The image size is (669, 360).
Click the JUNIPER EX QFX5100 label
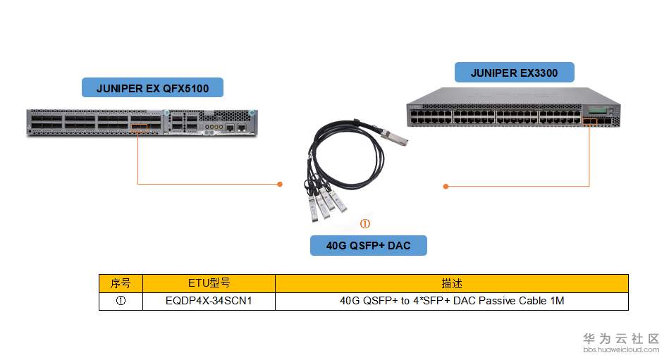[x=152, y=87]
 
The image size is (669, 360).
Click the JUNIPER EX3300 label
[x=513, y=72]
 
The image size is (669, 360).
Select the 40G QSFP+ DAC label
[x=368, y=245]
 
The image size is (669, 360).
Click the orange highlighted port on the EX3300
[x=589, y=121]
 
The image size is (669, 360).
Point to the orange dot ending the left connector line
[x=280, y=185]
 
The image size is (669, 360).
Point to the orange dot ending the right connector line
[x=446, y=186]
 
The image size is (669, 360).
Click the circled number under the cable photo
[x=365, y=224]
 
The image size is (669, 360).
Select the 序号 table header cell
[x=121, y=283]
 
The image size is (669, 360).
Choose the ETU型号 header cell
[x=209, y=283]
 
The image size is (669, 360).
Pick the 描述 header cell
[x=451, y=283]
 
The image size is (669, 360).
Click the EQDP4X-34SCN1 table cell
[x=209, y=301]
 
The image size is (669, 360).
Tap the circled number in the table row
[x=121, y=301]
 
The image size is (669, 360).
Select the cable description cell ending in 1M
[x=451, y=301]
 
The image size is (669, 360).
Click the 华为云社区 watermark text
[x=620, y=338]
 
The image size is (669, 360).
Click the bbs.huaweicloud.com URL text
[x=620, y=349]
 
